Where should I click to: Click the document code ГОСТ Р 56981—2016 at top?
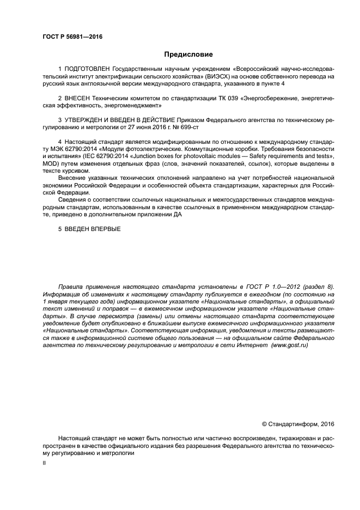[x=72, y=37]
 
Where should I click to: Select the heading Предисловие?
[x=188, y=54]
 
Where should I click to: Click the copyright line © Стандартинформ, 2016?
[x=298, y=424]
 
